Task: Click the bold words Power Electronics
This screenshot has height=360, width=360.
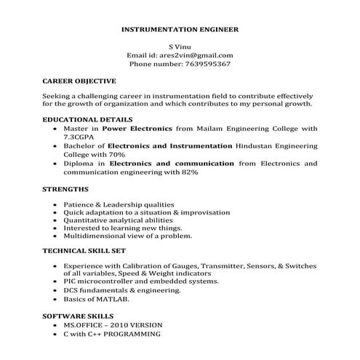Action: [x=131, y=127]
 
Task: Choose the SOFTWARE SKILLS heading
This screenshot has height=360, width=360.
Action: [x=78, y=317]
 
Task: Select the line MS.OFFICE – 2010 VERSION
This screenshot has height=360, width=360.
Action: [x=113, y=325]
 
